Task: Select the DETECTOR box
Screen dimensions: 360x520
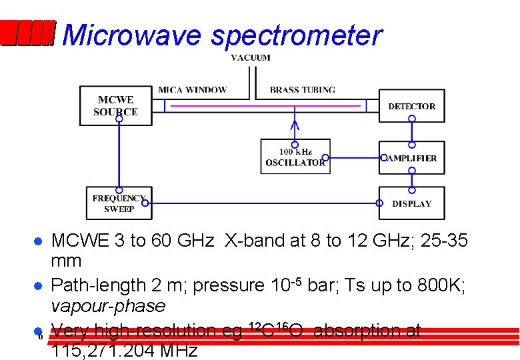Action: coord(411,106)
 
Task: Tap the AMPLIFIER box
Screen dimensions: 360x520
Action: coord(411,158)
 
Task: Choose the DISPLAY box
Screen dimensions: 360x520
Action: coord(411,203)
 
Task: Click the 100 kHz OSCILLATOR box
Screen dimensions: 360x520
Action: coord(295,157)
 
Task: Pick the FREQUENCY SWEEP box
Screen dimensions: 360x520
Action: coord(119,203)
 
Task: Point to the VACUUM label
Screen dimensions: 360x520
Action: coord(251,57)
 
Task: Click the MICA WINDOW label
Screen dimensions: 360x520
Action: coord(192,90)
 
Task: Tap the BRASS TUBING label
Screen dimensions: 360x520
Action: coord(302,90)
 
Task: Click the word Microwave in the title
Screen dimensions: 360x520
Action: coord(131,35)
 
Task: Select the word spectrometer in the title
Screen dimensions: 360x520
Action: coord(297,35)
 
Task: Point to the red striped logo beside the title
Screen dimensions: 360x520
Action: coord(27,33)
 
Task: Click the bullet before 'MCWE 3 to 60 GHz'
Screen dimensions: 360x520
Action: coord(39,241)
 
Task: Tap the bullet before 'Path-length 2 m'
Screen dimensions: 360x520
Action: coord(39,286)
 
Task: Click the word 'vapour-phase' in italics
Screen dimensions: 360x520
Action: coord(108,306)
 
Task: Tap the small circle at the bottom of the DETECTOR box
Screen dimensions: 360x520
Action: coord(412,119)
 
